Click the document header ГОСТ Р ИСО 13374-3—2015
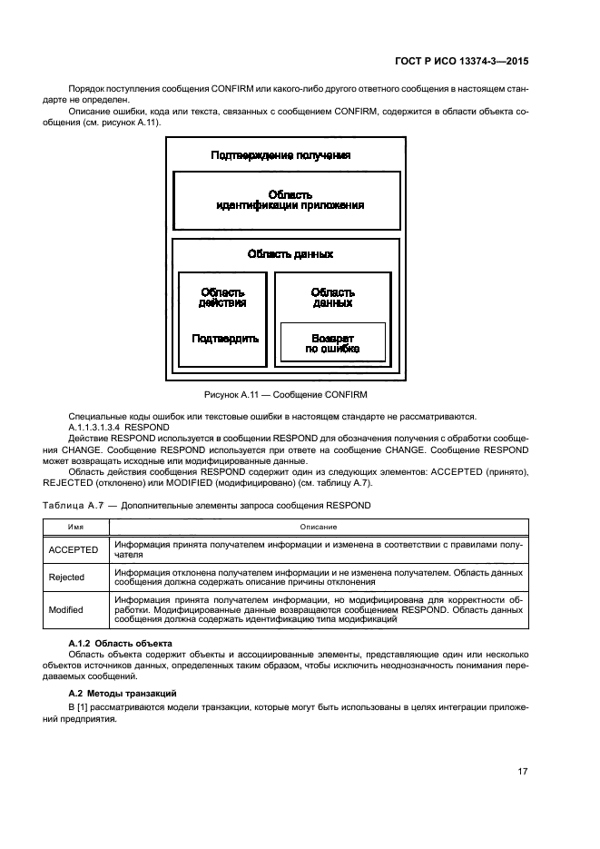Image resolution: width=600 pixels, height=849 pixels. (x=461, y=62)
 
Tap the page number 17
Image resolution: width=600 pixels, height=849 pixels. (x=522, y=772)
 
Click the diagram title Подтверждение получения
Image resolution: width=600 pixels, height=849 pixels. (x=280, y=155)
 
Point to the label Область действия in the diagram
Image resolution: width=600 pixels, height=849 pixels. (x=222, y=298)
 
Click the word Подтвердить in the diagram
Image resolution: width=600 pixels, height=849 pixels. (x=225, y=338)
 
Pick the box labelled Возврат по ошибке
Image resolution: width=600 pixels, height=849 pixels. (x=332, y=342)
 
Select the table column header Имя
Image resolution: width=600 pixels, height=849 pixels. (x=74, y=527)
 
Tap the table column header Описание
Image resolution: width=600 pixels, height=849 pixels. (x=320, y=527)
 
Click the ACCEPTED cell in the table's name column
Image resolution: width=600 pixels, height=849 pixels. (x=74, y=549)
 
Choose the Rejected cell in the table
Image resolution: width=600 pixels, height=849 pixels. (x=66, y=578)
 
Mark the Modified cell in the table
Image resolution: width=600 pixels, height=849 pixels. (x=66, y=610)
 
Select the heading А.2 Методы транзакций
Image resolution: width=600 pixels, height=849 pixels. (x=123, y=693)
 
